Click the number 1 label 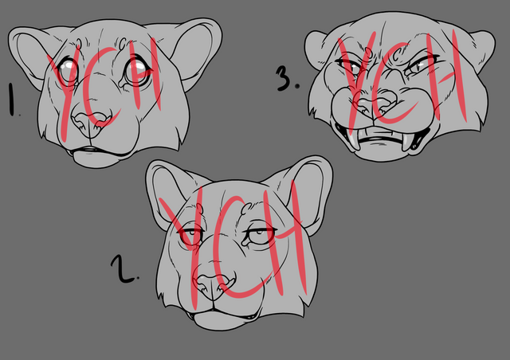tap(12, 100)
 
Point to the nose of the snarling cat tap(377, 104)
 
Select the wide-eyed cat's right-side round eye tap(137, 72)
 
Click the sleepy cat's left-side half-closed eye tap(191, 233)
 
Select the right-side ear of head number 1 tap(195, 52)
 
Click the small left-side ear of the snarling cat tap(318, 49)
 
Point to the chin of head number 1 tap(97, 159)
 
